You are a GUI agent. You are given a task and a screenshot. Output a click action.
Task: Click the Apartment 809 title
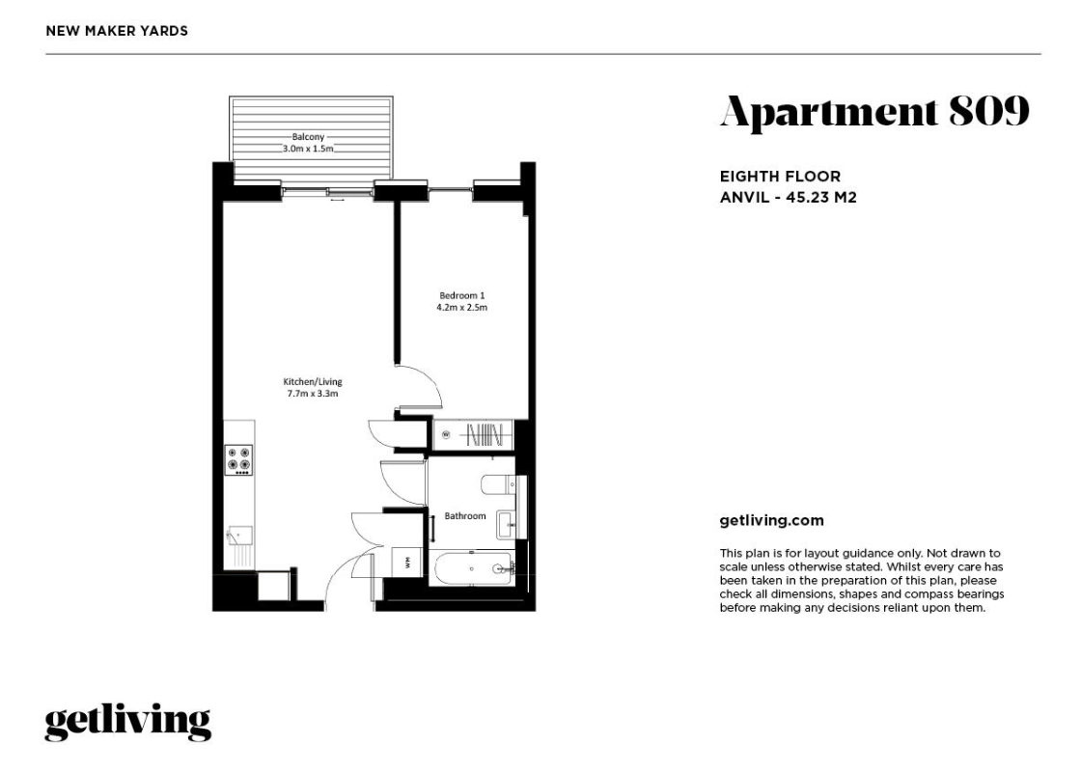pyautogui.click(x=874, y=112)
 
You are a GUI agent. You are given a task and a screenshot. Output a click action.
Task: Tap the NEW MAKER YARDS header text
pyautogui.click(x=117, y=31)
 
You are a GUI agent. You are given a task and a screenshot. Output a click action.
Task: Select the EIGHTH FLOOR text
pyautogui.click(x=781, y=177)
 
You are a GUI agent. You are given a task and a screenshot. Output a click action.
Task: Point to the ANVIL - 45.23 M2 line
pyautogui.click(x=788, y=198)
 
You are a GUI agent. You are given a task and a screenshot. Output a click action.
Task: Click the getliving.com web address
pyautogui.click(x=771, y=521)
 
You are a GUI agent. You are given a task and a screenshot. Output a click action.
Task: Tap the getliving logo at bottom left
pyautogui.click(x=127, y=722)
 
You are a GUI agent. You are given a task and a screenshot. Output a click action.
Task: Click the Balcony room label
pyautogui.click(x=308, y=137)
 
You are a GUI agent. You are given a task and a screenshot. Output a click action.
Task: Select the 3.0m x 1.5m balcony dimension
pyautogui.click(x=308, y=149)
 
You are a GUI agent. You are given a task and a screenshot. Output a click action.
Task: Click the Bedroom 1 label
pyautogui.click(x=462, y=295)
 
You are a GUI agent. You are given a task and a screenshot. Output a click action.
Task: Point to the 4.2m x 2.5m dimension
pyautogui.click(x=462, y=307)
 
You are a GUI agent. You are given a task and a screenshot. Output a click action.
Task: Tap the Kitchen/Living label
pyautogui.click(x=313, y=382)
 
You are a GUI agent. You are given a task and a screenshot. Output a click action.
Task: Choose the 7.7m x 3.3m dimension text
pyautogui.click(x=313, y=394)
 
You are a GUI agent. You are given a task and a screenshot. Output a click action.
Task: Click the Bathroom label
pyautogui.click(x=465, y=516)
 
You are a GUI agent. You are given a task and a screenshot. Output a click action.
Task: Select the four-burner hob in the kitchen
pyautogui.click(x=238, y=460)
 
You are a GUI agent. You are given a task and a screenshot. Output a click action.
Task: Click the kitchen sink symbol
pyautogui.click(x=239, y=536)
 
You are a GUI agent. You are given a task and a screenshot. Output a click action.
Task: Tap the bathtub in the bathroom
pyautogui.click(x=473, y=569)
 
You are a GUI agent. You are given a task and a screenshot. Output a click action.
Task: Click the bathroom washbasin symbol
pyautogui.click(x=506, y=526)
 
